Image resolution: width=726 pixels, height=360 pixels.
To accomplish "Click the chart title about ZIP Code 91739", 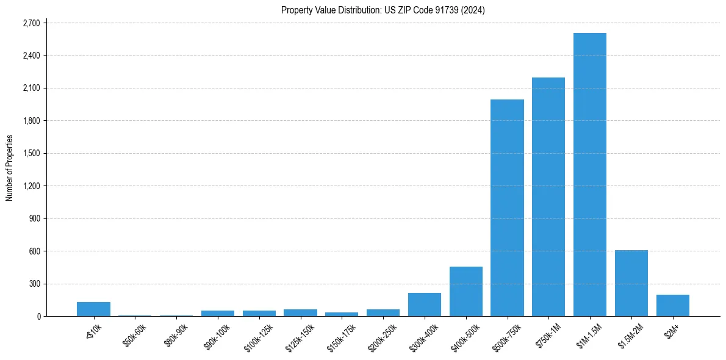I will coord(383,10).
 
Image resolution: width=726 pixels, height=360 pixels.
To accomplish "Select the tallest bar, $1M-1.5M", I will coord(590,175).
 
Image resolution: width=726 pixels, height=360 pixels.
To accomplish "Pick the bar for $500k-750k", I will coord(507,207).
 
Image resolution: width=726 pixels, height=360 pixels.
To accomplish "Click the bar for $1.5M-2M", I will coord(631,283).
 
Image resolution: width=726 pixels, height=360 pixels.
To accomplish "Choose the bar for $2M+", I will coord(673,305).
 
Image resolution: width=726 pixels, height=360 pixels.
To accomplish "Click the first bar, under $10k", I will coord(93,309).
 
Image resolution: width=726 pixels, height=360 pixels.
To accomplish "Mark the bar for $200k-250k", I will coord(383,312).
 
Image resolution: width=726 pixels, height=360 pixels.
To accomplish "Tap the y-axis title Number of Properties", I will coord(10,168).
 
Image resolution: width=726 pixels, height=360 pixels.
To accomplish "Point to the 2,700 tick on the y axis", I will coord(30,23).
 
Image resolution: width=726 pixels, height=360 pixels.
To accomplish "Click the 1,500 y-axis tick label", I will coord(30,153).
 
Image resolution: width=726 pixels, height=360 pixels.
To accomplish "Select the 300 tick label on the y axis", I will coord(33,284).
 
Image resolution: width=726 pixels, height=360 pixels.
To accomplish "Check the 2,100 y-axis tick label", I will coord(30,88).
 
